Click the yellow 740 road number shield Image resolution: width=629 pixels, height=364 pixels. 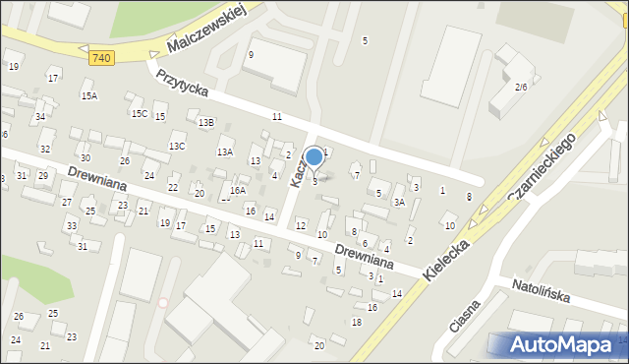pyautogui.click(x=100, y=58)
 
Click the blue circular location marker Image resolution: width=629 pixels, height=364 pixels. pyautogui.click(x=314, y=157)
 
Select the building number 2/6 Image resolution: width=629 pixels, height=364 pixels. pyautogui.click(x=521, y=87)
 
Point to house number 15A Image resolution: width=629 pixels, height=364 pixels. pyautogui.click(x=89, y=95)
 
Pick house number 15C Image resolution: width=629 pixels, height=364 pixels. pyautogui.click(x=140, y=113)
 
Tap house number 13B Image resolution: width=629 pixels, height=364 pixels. pyautogui.click(x=205, y=122)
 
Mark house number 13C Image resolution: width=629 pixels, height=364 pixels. pyautogui.click(x=177, y=146)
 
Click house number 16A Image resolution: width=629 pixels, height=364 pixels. pyautogui.click(x=237, y=190)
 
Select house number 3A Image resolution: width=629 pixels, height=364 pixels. pyautogui.click(x=399, y=202)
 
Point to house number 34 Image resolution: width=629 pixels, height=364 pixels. pyautogui.click(x=40, y=116)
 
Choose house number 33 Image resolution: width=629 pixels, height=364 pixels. pyautogui.click(x=71, y=226)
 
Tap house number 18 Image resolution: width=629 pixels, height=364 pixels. pyautogui.click(x=357, y=322)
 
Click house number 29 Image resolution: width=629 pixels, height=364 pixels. pyautogui.click(x=43, y=175)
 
